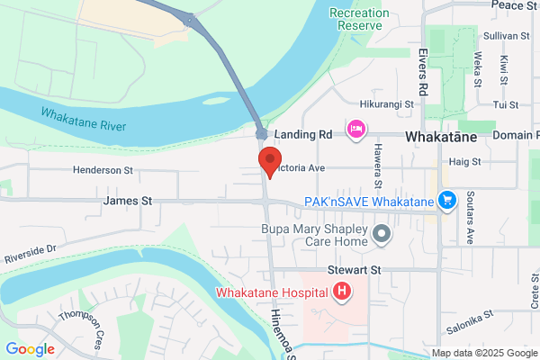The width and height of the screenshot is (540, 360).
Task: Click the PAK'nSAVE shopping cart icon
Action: pos(446,200)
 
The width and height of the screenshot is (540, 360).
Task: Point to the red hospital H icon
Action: pos(342,291)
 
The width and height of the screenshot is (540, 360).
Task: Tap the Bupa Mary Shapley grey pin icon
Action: pos(382,234)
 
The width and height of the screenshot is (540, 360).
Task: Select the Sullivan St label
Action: pos(507,35)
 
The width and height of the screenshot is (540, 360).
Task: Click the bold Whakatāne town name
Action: pos(441,138)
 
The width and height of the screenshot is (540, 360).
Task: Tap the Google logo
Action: pos(30,349)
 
